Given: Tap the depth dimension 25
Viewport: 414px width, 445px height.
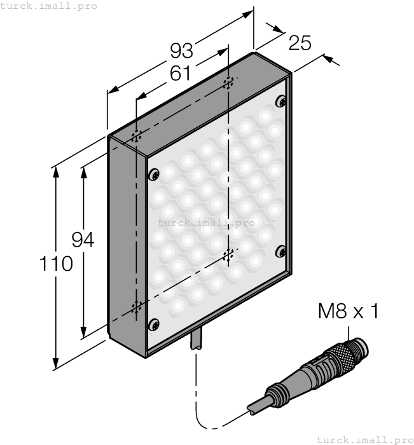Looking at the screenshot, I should click(300, 43).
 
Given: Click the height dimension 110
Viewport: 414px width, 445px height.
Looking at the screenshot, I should click(56, 263).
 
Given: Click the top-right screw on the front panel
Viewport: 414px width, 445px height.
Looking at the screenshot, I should click(280, 101).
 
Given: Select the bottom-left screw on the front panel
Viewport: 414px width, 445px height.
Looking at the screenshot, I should click(153, 325).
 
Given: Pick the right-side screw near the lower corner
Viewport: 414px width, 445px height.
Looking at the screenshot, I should click(280, 252).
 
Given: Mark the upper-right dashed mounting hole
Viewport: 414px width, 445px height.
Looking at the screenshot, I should click(228, 83).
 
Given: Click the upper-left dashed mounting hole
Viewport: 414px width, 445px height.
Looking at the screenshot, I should click(135, 137).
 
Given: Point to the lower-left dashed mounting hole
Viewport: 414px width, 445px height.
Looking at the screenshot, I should click(135, 308).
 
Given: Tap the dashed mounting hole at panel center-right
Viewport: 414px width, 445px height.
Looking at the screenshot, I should click(228, 256).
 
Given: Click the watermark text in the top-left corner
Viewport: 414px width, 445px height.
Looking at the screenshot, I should click(49, 6).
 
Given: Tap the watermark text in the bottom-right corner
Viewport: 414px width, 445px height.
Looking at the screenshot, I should click(364, 439).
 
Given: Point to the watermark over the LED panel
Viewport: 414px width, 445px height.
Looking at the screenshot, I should click(206, 222).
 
